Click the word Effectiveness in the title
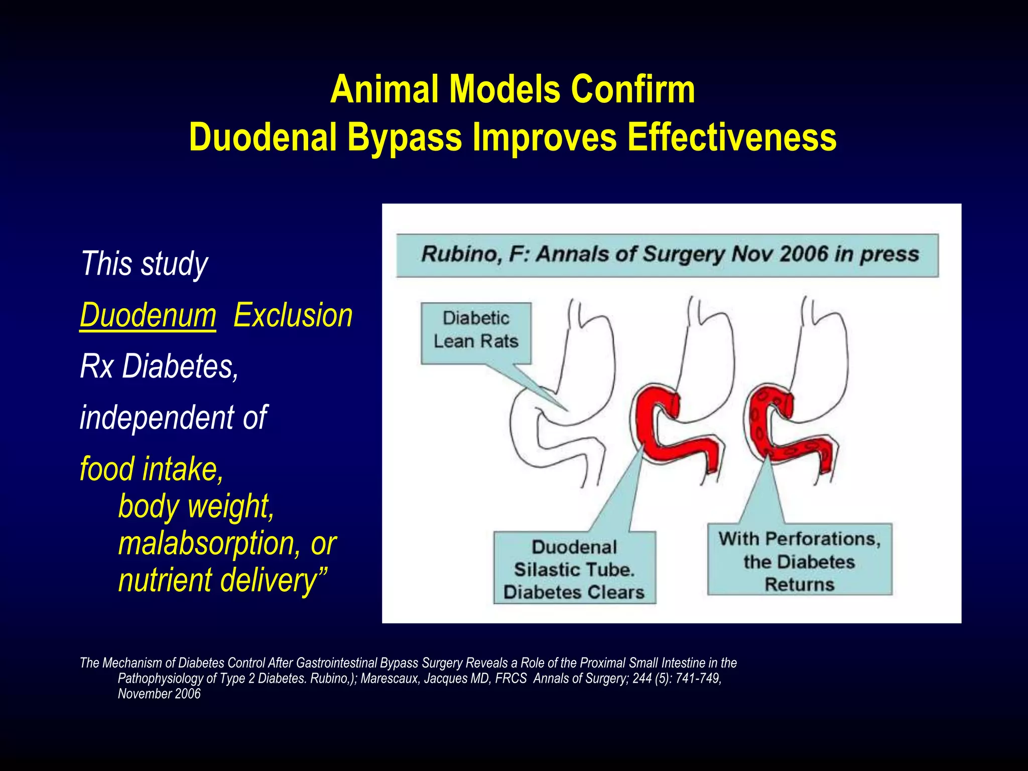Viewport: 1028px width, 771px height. (x=732, y=138)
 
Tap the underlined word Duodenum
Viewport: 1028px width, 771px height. (x=148, y=316)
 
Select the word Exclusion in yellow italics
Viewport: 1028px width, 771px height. (x=293, y=316)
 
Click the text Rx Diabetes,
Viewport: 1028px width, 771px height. (x=159, y=366)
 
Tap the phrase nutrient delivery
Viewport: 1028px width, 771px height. (x=221, y=580)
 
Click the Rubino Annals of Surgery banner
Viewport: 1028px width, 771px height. (x=667, y=255)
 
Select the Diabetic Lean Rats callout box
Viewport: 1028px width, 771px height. (x=476, y=332)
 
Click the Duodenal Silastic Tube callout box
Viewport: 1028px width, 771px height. (x=574, y=569)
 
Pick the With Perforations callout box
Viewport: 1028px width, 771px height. (x=799, y=560)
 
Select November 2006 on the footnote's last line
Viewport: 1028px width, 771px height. (x=159, y=694)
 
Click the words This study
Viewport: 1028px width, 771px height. (x=144, y=264)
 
